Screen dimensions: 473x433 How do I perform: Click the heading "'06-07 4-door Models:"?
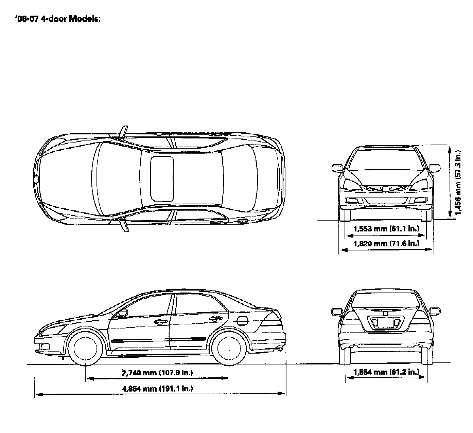(58, 19)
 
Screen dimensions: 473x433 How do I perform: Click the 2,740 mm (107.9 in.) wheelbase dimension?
(157, 373)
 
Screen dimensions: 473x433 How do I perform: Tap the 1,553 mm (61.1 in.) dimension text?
(386, 228)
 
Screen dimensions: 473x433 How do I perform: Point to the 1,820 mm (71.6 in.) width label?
(386, 243)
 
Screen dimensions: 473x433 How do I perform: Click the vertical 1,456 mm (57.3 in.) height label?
(458, 182)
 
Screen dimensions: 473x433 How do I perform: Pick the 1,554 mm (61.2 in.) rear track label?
(386, 372)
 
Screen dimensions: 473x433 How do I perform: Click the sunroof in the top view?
(162, 178)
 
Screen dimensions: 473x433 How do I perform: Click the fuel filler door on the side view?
(242, 320)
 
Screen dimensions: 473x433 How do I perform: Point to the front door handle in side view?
(159, 322)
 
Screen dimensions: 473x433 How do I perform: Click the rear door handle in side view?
(215, 319)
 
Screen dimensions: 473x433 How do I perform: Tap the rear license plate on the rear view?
(385, 322)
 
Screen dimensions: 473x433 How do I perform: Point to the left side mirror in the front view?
(337, 168)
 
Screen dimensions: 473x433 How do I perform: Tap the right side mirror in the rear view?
(435, 311)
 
